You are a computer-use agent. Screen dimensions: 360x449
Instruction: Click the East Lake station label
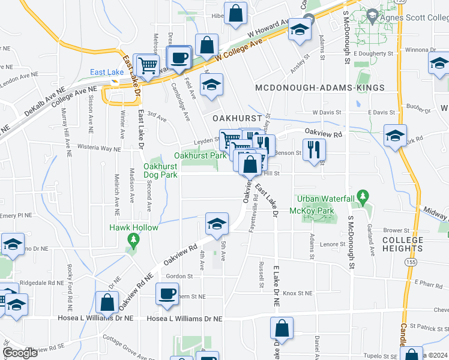pyautogui.click(x=107, y=73)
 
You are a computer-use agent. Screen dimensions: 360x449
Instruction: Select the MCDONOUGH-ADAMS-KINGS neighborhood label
pyautogui.click(x=319, y=88)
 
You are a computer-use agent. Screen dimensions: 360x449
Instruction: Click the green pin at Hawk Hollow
pyautogui.click(x=133, y=240)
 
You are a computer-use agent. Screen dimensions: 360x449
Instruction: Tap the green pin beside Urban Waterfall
pyautogui.click(x=362, y=196)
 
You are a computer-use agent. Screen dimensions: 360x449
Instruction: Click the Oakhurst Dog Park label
pyautogui.click(x=160, y=170)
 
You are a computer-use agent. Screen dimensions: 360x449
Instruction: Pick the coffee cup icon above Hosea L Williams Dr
pyautogui.click(x=167, y=293)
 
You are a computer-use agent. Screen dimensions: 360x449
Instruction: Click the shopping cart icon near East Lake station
pyautogui.click(x=148, y=64)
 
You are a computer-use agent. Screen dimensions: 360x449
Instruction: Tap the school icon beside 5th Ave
pyautogui.click(x=217, y=224)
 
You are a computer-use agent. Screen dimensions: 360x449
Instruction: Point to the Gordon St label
pyautogui.click(x=179, y=276)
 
